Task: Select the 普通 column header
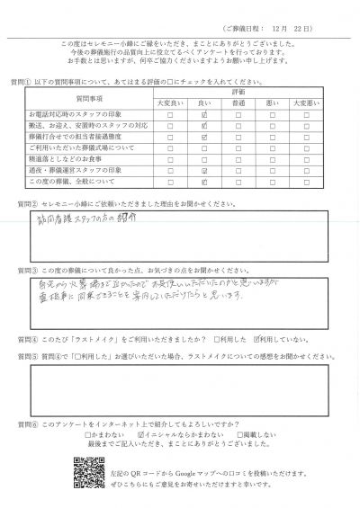(238, 103)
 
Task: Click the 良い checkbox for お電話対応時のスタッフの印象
(205, 115)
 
